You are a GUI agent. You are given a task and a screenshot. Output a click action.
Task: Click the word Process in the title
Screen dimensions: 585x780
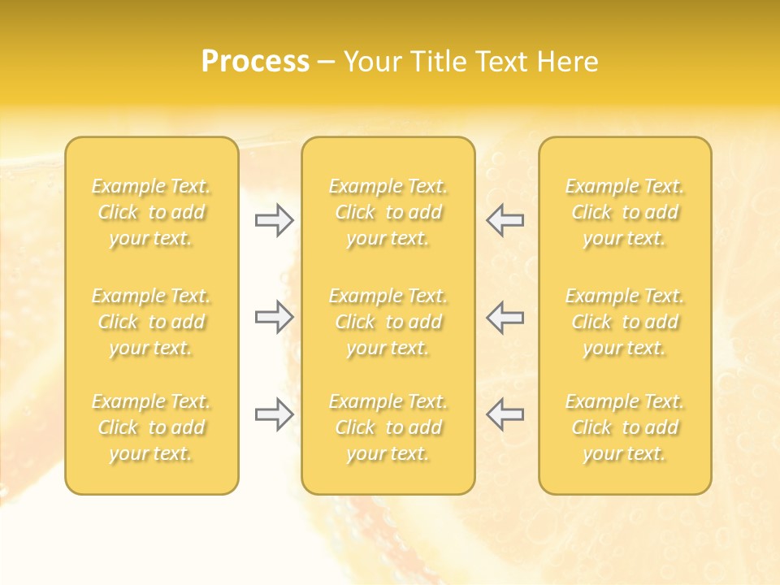tap(255, 62)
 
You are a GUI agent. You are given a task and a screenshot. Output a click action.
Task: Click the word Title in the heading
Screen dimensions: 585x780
tap(436, 62)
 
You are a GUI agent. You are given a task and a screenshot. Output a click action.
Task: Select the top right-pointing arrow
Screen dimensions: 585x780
tap(274, 220)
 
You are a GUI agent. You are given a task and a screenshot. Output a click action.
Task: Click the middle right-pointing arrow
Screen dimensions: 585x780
tap(274, 317)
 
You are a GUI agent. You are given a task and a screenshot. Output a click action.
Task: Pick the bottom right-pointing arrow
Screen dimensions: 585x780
tap(274, 414)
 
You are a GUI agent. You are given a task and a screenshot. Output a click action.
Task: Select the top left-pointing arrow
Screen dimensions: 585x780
tap(505, 220)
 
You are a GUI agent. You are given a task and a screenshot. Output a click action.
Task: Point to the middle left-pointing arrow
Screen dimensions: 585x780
tap(505, 317)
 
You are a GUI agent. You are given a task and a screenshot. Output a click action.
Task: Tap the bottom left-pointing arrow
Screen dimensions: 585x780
tap(505, 414)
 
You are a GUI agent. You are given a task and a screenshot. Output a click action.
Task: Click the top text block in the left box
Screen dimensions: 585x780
tap(151, 212)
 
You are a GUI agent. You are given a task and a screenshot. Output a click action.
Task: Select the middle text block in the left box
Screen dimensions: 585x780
tap(151, 322)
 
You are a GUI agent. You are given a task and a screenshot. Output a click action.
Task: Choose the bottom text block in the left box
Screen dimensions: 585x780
tap(151, 427)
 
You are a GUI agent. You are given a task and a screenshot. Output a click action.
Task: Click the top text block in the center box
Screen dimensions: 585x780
tap(388, 212)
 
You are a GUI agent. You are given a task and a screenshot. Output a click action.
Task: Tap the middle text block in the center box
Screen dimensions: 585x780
tap(388, 322)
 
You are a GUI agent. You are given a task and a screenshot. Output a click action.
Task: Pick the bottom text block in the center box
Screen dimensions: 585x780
tap(388, 427)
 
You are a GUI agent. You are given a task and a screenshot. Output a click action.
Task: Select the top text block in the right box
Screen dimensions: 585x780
tap(625, 212)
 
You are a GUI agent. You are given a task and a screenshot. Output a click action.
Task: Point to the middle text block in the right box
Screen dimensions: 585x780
tap(625, 322)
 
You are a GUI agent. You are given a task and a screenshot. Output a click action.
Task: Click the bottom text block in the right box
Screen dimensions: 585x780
tap(625, 427)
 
